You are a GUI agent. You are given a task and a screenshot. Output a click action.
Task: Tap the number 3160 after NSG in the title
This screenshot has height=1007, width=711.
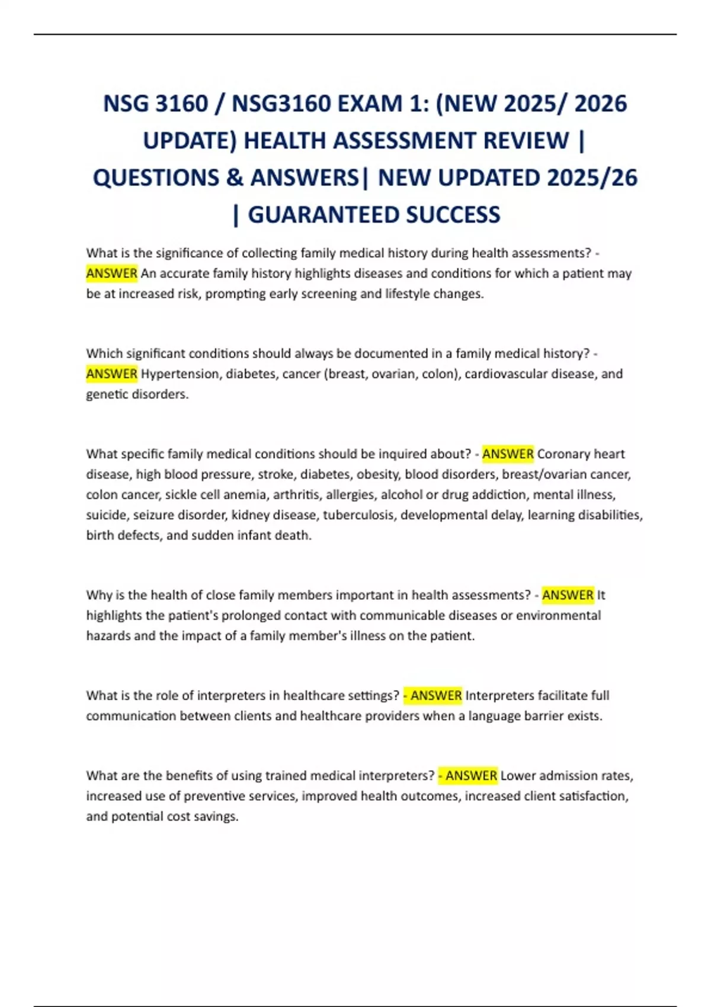click(182, 104)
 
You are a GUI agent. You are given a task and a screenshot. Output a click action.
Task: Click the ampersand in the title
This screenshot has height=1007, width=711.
click(235, 178)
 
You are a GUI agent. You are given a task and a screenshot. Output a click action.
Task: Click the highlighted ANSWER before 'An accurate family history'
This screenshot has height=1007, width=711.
click(111, 274)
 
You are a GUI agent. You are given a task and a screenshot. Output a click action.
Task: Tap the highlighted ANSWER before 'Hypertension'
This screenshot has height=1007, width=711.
click(111, 374)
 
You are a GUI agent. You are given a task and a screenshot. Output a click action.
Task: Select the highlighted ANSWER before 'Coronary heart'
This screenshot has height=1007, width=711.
click(508, 454)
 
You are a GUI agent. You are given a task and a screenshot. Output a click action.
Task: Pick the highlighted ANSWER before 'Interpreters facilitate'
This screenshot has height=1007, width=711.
click(435, 695)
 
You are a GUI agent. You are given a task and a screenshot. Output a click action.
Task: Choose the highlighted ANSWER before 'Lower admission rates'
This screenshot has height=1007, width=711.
click(470, 776)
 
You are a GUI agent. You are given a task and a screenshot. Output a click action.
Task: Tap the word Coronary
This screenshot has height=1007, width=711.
click(563, 454)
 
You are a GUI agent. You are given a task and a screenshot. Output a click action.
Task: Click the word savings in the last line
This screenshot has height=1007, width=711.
click(217, 816)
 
